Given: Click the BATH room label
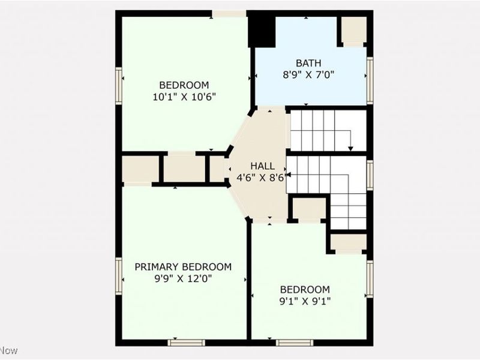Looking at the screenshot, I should coord(308,63).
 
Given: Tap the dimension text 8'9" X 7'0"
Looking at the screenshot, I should coord(308,75).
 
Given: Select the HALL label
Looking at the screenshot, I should coord(262,166).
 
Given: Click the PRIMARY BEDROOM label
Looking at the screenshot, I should coord(182,267).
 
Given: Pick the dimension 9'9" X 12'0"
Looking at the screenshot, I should coord(182,278).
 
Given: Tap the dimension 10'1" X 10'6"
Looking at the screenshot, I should coord(184,96).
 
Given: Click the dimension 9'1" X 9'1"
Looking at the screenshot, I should coord(305,300).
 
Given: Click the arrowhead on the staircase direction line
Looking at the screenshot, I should coord(350,148).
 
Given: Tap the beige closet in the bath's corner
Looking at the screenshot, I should coord(353,31).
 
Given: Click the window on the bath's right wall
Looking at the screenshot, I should coord(370,80).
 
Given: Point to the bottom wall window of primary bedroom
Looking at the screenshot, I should coord(186,343).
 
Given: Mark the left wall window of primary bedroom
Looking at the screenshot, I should coord(119,275).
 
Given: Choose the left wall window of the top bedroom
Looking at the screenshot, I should coord(119,86).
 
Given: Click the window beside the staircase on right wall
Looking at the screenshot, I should coord(370,175).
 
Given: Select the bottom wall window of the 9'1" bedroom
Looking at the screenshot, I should coord(294,343).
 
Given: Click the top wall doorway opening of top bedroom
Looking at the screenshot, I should coord(229,13).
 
